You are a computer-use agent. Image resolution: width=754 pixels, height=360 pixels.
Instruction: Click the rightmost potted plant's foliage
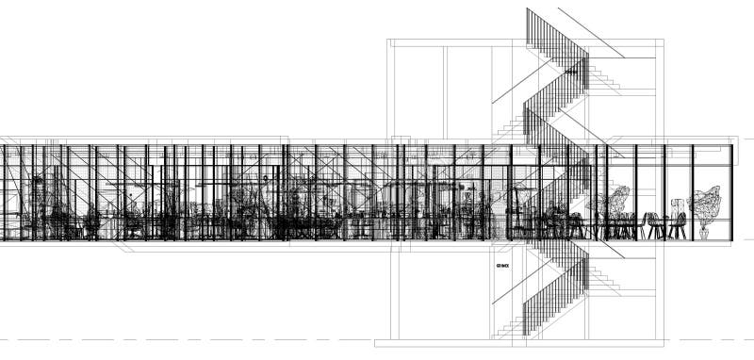tap(705, 203)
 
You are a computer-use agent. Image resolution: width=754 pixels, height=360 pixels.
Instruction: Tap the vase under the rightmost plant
tap(703, 232)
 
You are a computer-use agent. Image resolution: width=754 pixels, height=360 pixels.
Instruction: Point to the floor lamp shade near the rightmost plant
tap(675, 202)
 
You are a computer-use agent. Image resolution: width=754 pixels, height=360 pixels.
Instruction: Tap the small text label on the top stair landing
tap(571, 70)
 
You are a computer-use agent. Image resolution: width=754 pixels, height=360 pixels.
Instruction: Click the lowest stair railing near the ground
tap(542, 306)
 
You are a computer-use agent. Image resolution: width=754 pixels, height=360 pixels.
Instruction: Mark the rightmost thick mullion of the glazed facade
tap(693, 192)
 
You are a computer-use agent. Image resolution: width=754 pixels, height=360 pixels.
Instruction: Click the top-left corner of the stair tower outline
tap(388, 41)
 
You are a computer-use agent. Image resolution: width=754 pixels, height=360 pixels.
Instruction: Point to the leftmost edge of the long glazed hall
tap(2, 192)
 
